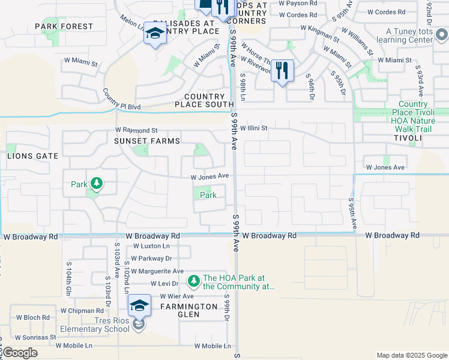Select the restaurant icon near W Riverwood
pyautogui.click(x=282, y=71)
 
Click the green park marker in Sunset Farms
pyautogui.click(x=95, y=184)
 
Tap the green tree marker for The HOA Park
pyautogui.click(x=193, y=281)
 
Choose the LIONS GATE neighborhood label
pyautogui.click(x=32, y=156)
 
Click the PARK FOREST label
pyautogui.click(x=64, y=26)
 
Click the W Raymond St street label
pyautogui.click(x=136, y=130)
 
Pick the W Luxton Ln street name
pyautogui.click(x=151, y=246)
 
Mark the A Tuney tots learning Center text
pyautogui.click(x=409, y=35)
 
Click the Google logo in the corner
pyautogui.click(x=20, y=353)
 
